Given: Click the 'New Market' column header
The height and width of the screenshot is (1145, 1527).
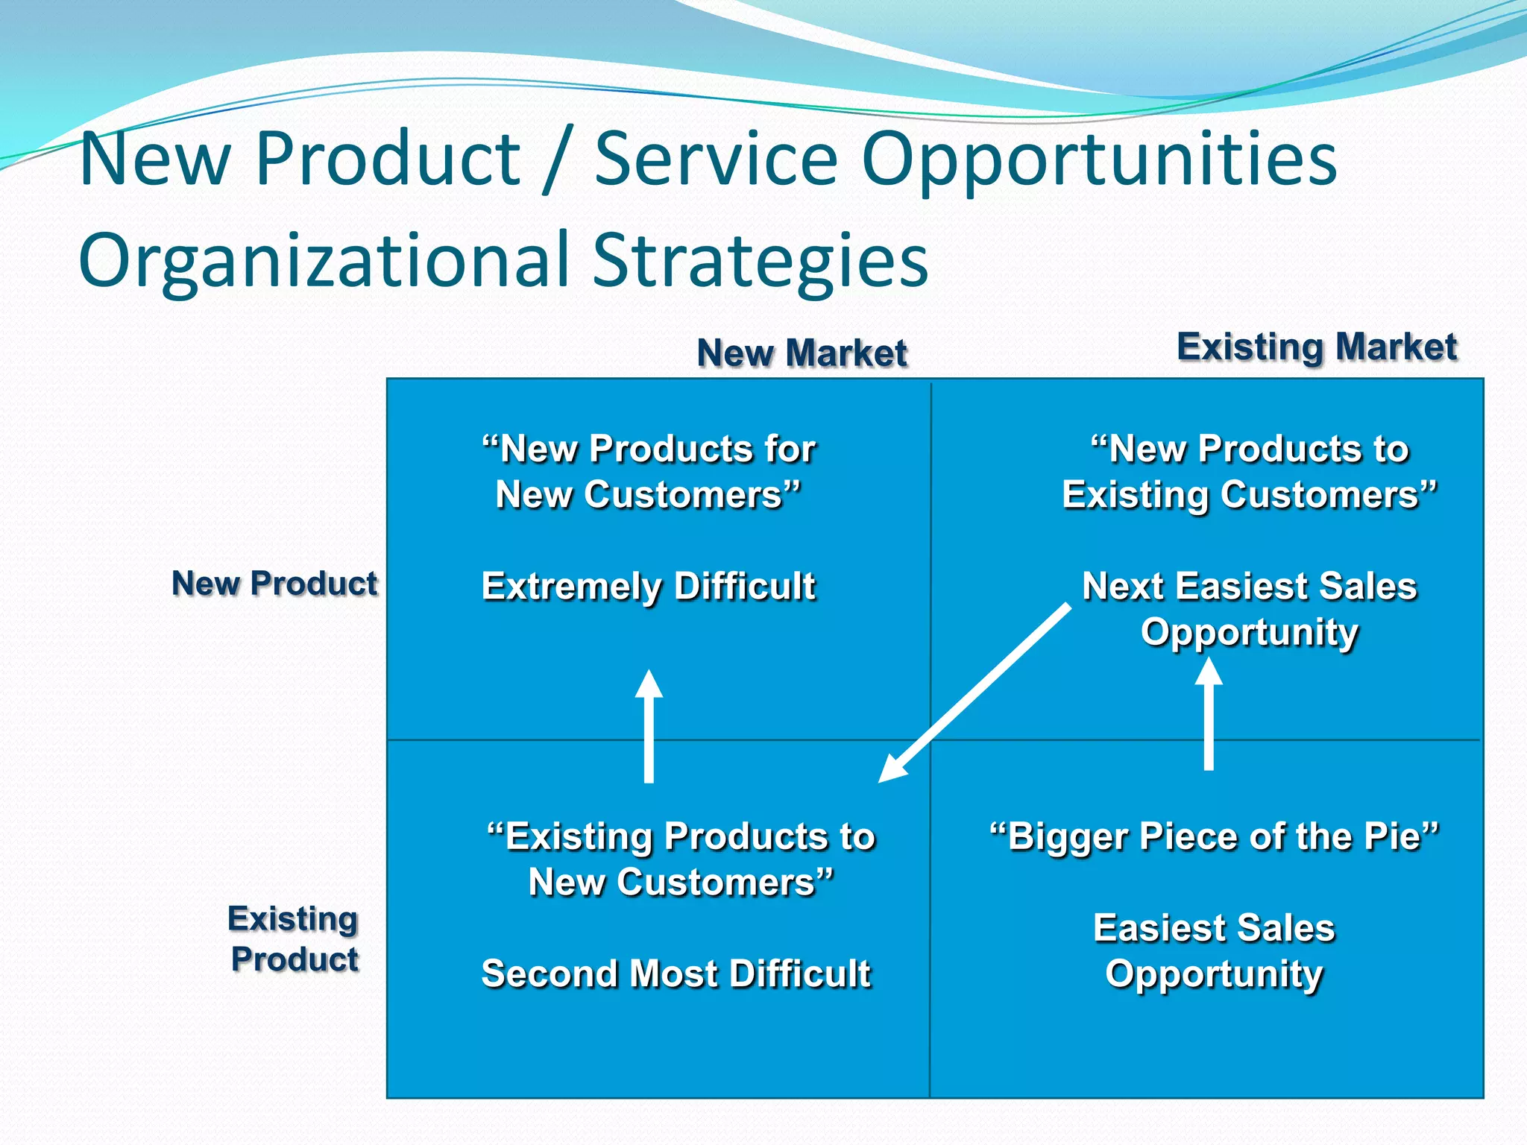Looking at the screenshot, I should [x=802, y=353].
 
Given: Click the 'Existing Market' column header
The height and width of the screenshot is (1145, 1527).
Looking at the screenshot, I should [x=1317, y=347].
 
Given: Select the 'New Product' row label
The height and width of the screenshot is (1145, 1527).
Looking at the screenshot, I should [x=274, y=583].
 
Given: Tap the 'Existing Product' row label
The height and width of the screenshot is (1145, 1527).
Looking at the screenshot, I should [x=294, y=939].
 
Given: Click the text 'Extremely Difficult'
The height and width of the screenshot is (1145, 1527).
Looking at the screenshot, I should [x=649, y=586].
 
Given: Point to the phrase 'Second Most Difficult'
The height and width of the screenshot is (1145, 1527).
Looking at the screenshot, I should [x=676, y=974].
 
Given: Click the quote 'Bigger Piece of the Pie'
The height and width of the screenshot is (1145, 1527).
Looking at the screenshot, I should [x=1214, y=836].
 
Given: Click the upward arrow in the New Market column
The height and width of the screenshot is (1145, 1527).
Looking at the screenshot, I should [x=649, y=727].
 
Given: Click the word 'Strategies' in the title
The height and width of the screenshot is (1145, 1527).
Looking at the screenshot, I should [x=761, y=259].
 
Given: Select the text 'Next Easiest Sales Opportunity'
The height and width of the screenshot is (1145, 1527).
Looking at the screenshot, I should [x=1250, y=608].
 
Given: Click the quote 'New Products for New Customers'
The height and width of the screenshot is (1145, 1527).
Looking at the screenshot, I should [x=649, y=472].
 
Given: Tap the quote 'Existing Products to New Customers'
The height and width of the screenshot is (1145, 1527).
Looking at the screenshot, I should [x=681, y=859].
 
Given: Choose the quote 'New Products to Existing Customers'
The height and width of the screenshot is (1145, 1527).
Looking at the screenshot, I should [x=1250, y=472].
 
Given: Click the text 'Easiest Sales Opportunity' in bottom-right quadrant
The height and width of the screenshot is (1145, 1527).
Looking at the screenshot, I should [x=1214, y=950].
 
